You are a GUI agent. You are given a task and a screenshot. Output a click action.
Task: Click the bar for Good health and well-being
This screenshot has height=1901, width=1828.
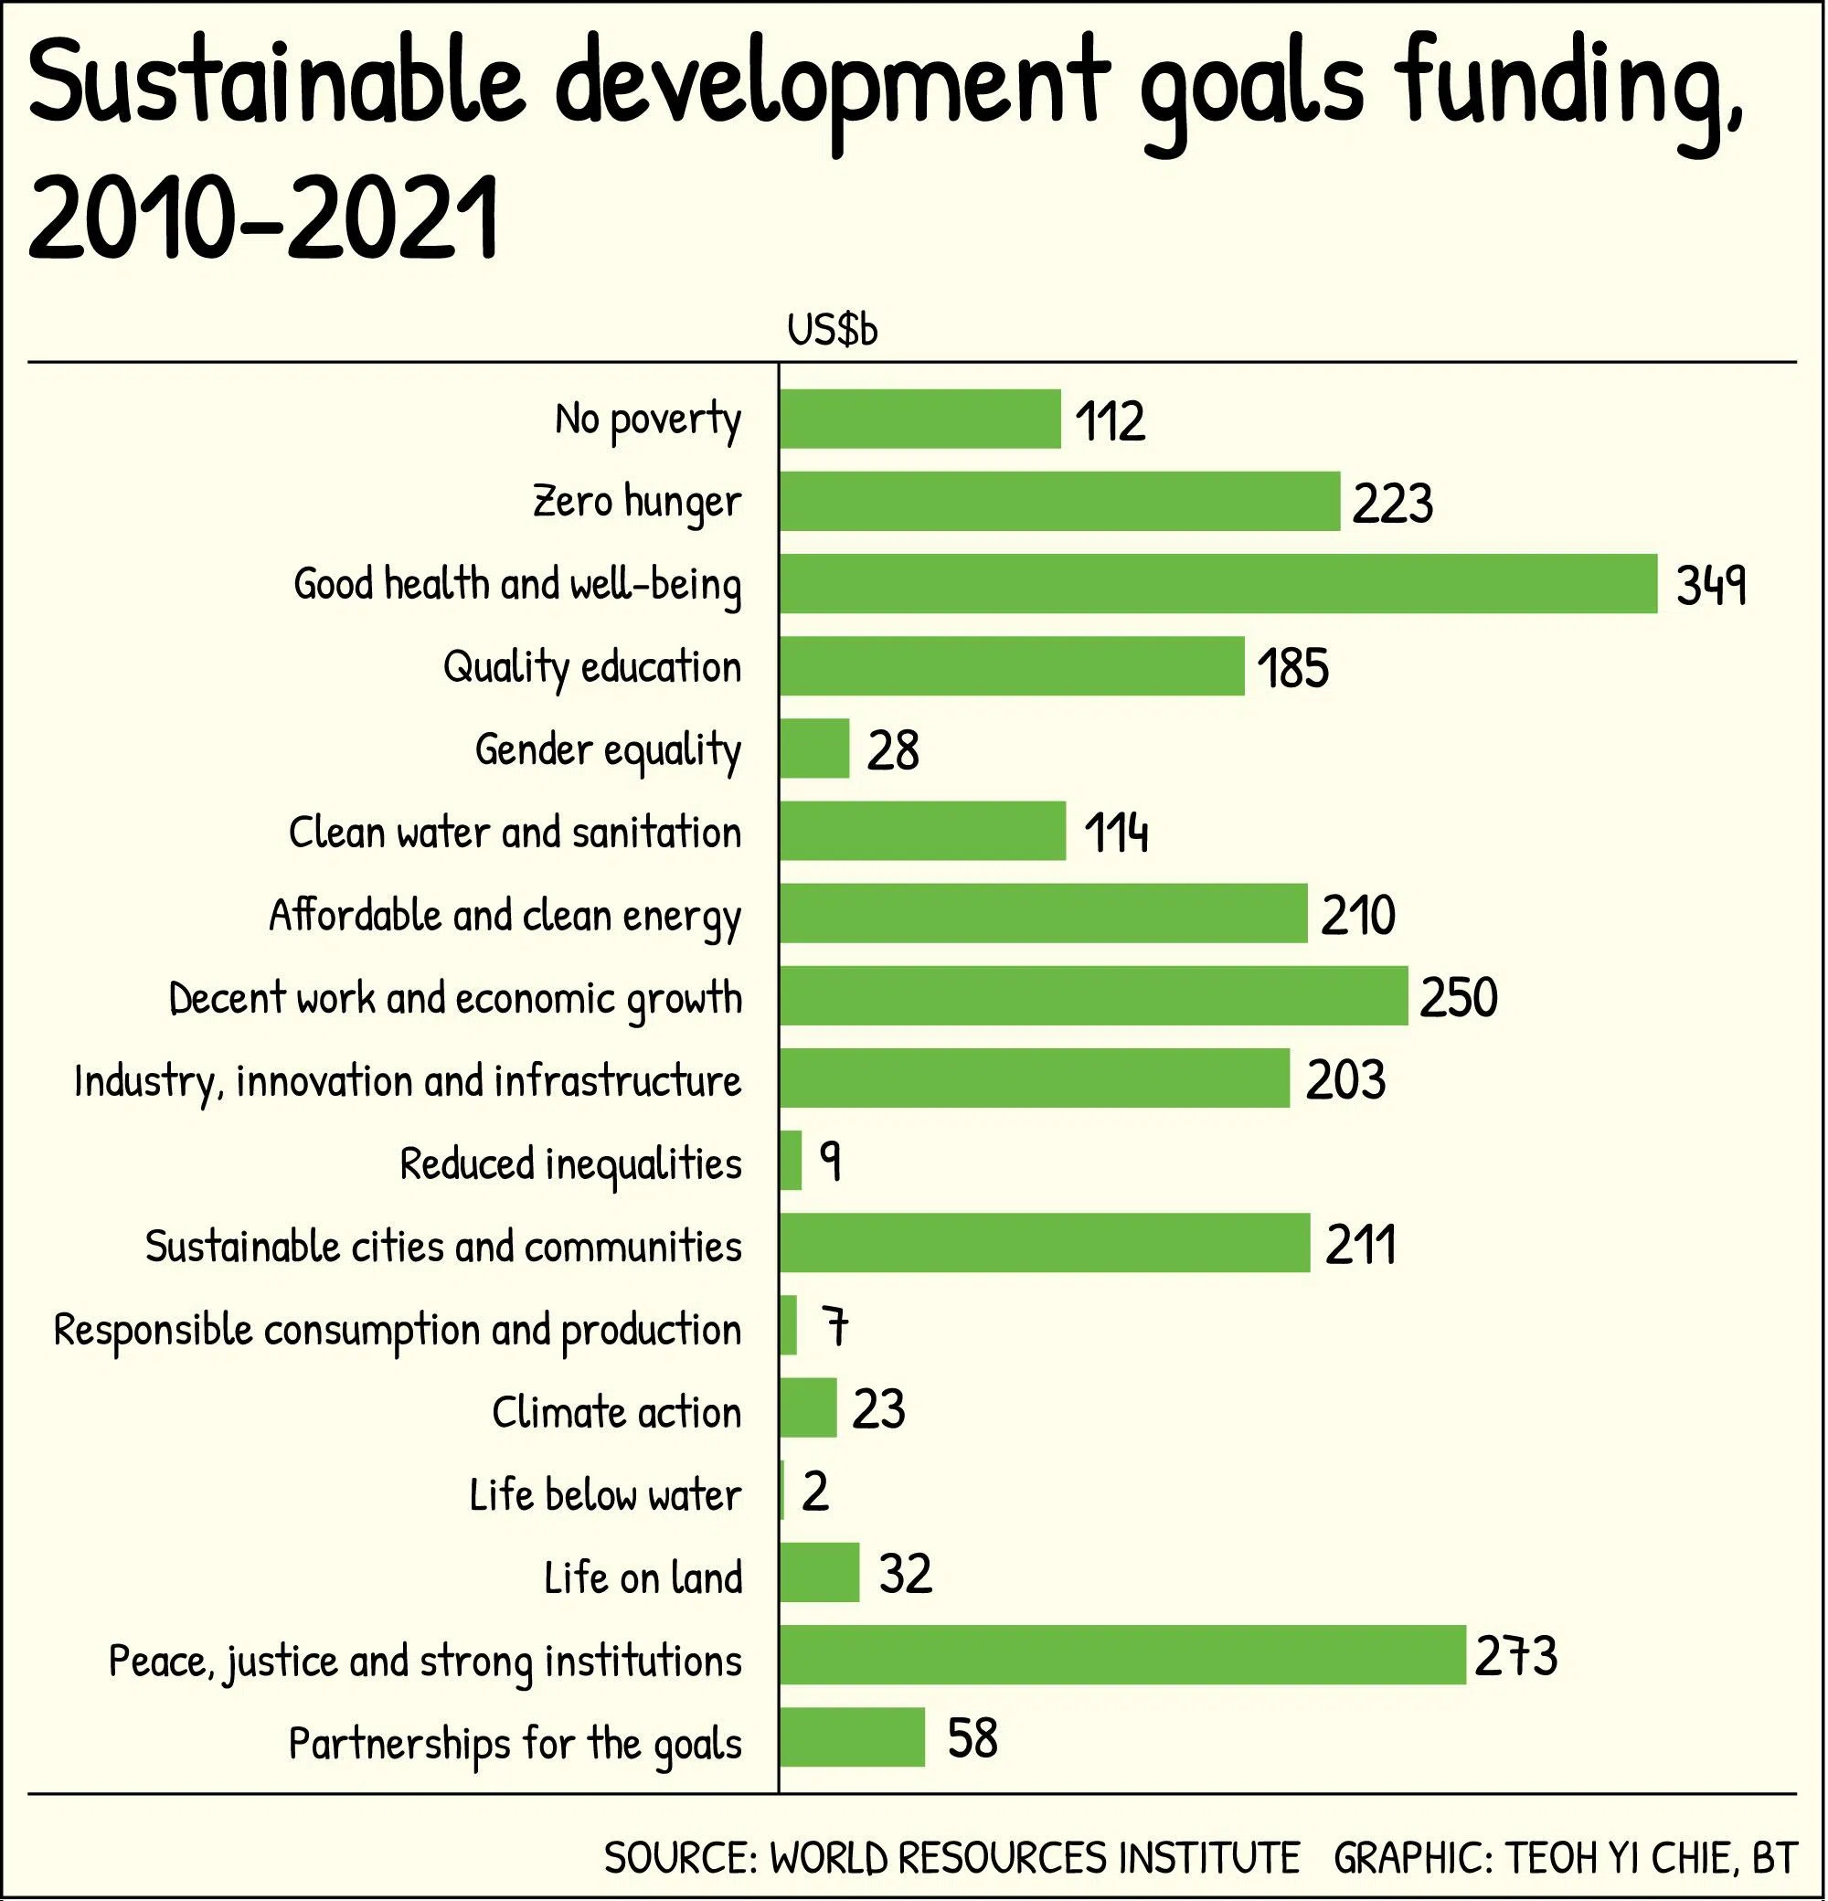click(1218, 584)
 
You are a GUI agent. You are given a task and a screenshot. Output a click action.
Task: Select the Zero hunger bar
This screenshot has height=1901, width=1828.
click(1059, 502)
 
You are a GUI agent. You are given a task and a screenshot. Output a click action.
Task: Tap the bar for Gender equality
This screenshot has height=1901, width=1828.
click(814, 749)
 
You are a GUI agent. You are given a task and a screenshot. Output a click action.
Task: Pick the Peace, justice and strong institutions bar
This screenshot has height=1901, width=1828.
click(1122, 1656)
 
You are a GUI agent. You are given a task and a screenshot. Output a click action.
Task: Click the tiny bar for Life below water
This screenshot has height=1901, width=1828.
click(781, 1491)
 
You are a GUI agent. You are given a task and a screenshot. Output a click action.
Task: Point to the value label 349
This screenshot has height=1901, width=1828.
click(1712, 585)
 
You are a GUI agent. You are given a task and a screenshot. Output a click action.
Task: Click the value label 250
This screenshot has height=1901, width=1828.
click(1459, 997)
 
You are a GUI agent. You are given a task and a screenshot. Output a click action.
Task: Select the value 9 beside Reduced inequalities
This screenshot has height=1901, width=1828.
click(830, 1161)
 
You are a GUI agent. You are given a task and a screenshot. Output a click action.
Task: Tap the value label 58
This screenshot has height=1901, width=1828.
click(972, 1738)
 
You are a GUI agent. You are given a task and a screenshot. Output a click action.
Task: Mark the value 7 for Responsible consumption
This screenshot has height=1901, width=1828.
click(835, 1327)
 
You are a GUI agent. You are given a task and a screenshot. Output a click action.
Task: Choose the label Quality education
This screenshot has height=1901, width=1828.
click(592, 667)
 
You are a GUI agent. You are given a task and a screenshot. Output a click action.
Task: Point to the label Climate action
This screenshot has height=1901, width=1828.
click(617, 1412)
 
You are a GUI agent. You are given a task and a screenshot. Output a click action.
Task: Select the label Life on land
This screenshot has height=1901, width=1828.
click(643, 1578)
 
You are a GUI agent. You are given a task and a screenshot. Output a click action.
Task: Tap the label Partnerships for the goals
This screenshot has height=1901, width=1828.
click(515, 1744)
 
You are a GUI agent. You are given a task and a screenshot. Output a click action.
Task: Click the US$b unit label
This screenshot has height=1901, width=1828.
click(832, 331)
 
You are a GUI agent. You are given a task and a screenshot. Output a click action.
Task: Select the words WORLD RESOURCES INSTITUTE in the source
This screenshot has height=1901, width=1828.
click(1034, 1858)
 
